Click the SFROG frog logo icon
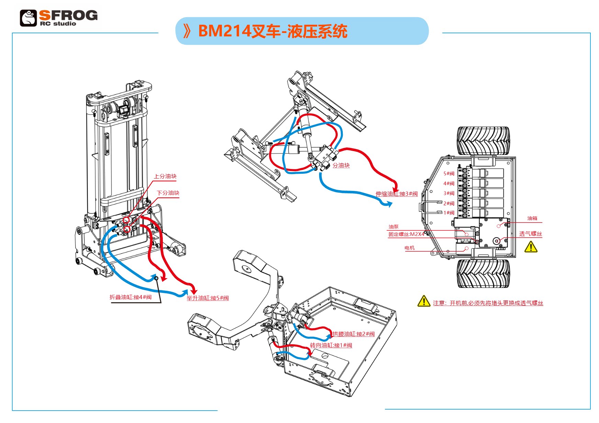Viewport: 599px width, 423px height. (28, 18)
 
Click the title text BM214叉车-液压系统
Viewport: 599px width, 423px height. (273, 31)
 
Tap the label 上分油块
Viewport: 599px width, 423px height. (165, 176)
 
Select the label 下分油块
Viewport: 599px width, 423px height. (168, 193)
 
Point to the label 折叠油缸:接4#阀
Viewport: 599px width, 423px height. (131, 297)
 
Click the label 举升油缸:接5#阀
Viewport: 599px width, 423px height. (207, 298)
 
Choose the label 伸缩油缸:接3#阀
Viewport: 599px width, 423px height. (397, 194)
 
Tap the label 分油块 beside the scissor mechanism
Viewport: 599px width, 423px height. (341, 165)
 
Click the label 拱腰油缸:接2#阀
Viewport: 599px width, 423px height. (353, 334)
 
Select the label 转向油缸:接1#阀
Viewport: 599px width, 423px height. (331, 345)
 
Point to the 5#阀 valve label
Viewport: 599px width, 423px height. (449, 174)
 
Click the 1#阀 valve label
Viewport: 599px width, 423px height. (449, 213)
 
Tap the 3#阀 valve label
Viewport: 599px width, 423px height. (449, 194)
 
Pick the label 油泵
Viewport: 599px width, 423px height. (394, 227)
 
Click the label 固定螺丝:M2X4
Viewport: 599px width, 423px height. (406, 235)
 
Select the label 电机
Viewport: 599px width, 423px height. (409, 248)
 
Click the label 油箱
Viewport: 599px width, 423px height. (532, 218)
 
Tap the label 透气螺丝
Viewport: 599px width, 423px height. (530, 234)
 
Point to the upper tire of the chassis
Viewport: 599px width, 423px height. (483, 141)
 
